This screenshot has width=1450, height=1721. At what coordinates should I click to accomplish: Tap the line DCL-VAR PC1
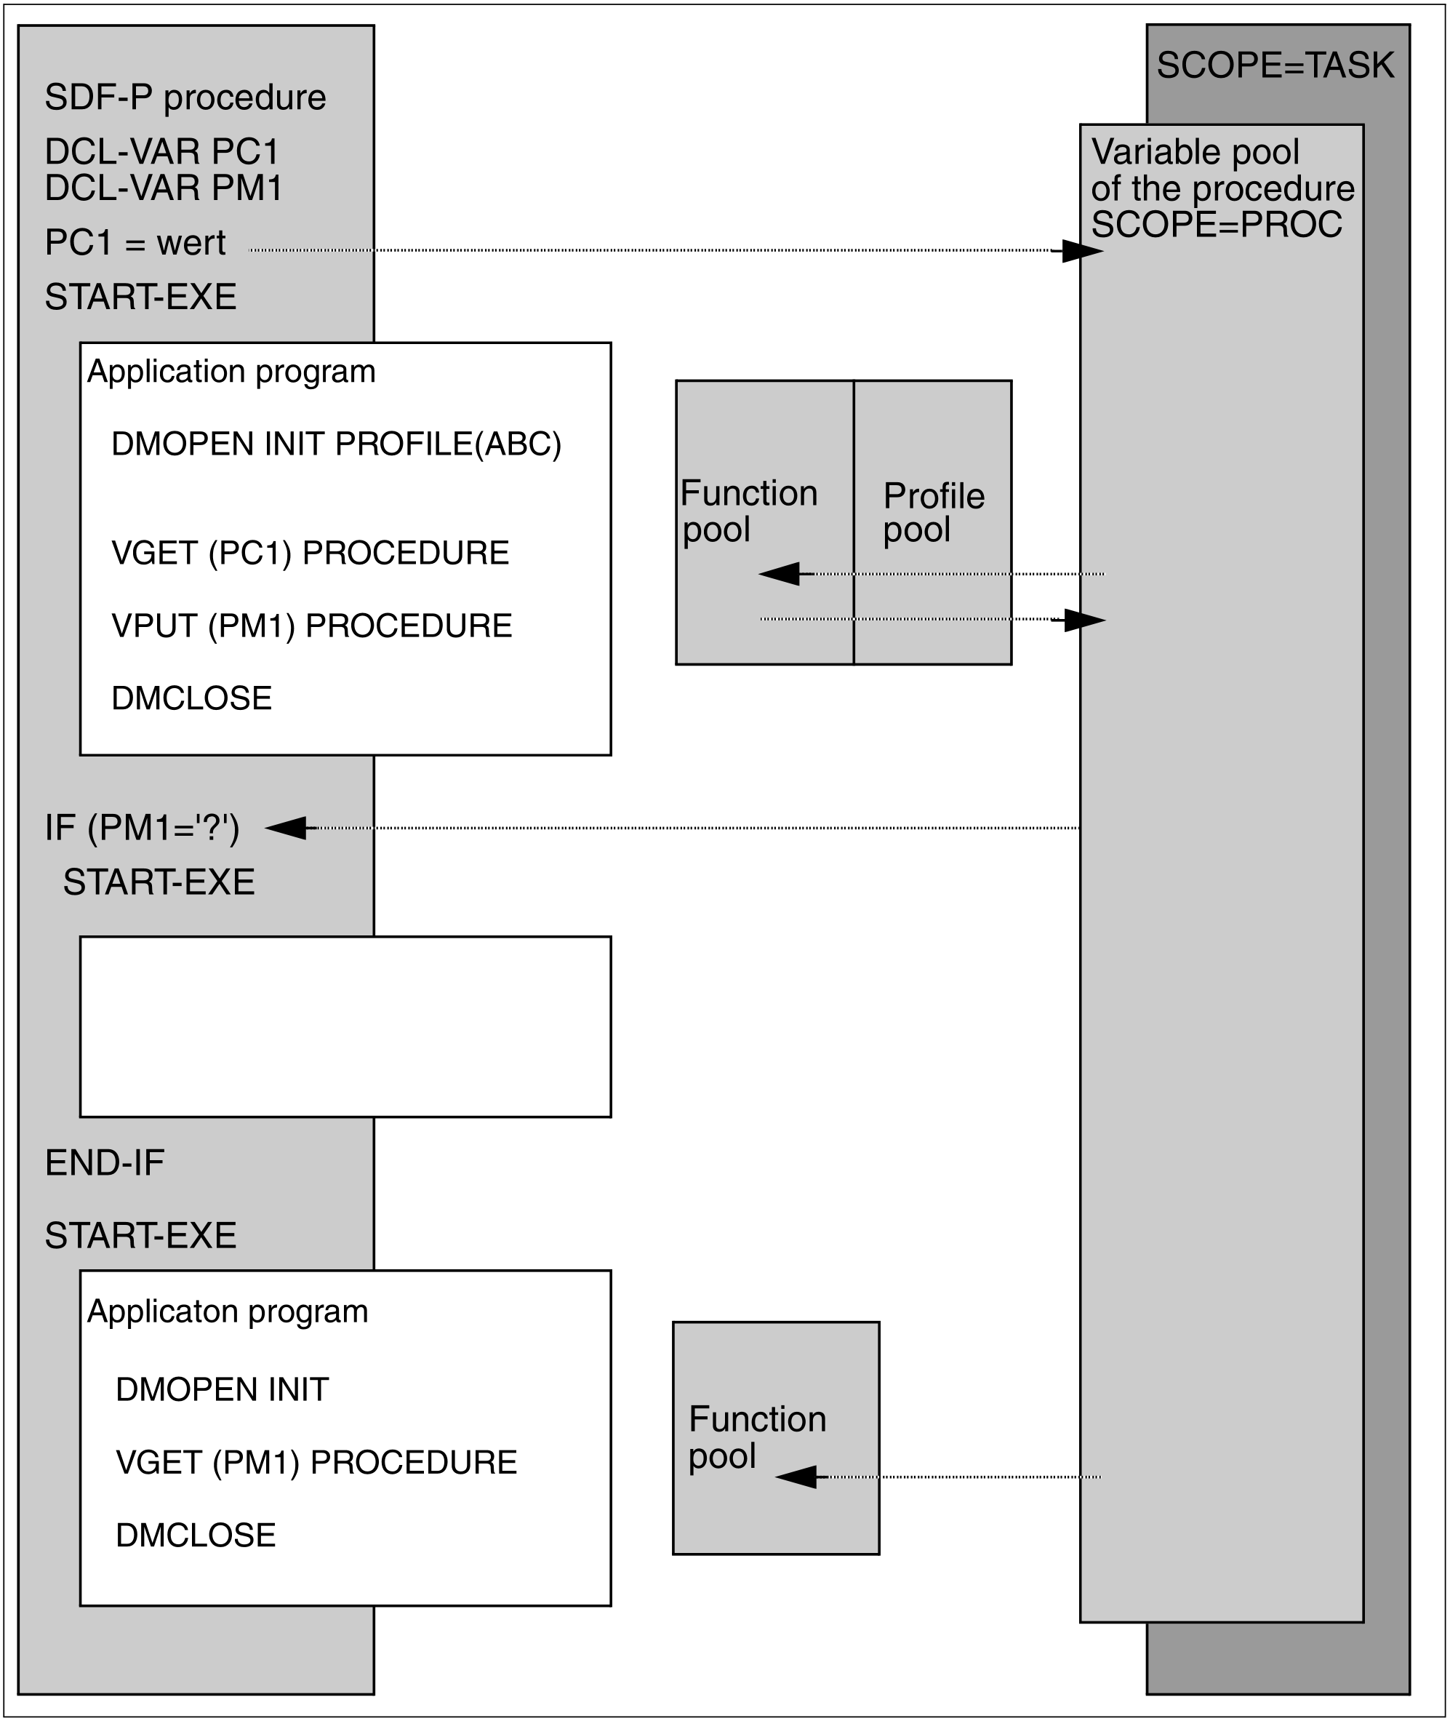coord(162,151)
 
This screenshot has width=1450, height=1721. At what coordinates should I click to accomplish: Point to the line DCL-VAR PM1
coord(164,188)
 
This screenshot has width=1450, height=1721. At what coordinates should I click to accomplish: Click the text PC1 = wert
coord(135,242)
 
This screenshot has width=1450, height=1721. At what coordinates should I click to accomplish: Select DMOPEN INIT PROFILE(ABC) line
coord(336,444)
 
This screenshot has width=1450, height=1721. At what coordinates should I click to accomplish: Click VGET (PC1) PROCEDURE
coord(310,554)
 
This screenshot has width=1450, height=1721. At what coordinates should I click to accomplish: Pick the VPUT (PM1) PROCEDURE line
coord(311,626)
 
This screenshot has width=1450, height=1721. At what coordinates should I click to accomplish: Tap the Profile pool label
coord(933,512)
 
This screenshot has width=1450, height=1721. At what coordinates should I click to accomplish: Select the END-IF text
coord(105,1162)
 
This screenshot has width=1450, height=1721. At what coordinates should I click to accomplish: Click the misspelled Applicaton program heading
coord(228,1311)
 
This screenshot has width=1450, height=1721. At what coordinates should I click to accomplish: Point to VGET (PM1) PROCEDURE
coord(316,1462)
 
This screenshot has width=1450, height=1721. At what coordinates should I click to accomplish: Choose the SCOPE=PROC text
coord(1217,225)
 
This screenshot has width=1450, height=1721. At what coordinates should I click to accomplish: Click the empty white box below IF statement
coord(345,1026)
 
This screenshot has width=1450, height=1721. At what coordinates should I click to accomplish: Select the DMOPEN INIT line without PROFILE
coord(222,1389)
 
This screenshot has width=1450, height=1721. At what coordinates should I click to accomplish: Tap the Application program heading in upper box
coord(231,372)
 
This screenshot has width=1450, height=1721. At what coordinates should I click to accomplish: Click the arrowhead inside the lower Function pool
coord(796,1477)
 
